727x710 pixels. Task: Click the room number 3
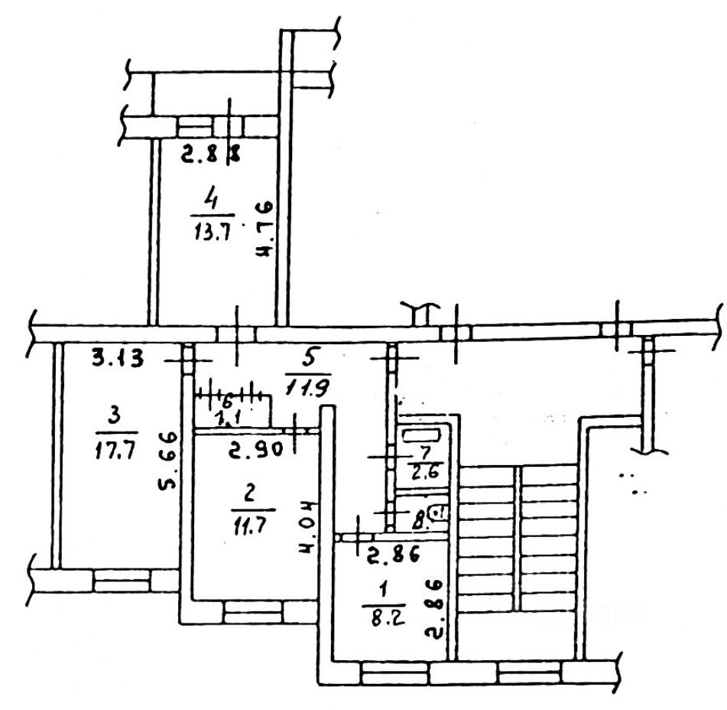point(115,416)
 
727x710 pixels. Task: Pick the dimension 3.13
point(118,359)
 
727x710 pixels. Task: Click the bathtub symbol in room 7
point(422,437)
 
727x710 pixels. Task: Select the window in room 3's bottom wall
point(122,581)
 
